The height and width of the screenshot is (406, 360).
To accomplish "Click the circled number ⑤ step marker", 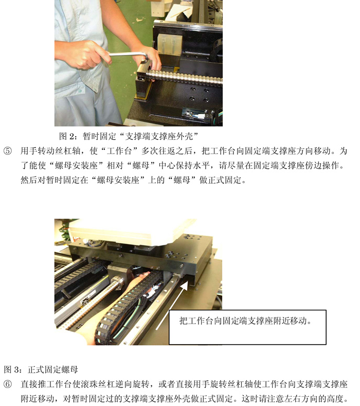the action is tap(8, 151).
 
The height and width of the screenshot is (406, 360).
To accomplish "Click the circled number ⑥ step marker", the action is tap(8, 384).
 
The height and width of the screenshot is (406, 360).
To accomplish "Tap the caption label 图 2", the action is tap(67, 136).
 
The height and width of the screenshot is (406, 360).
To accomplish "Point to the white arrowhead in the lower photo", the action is tap(184, 286).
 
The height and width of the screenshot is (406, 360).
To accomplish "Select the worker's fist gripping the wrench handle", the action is tap(83, 55).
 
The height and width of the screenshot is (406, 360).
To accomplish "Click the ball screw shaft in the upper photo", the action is tap(184, 77).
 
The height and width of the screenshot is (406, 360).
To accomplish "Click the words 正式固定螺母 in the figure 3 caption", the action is tap(53, 369).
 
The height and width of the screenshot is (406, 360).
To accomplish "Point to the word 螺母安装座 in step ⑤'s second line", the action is tap(76, 165).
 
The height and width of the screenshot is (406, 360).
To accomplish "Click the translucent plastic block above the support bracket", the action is tap(169, 44).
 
